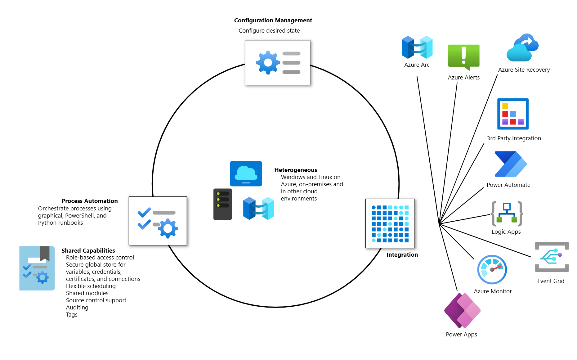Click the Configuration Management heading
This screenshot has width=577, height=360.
(273, 20)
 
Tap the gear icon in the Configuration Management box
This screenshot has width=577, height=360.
(267, 62)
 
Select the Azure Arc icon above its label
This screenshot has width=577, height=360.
(417, 47)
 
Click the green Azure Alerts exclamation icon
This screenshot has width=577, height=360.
(464, 56)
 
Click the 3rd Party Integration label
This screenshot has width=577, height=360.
(514, 138)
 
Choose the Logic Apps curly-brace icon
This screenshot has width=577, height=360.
(507, 214)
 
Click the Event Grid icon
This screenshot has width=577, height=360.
(552, 257)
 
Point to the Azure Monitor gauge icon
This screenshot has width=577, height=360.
(492, 269)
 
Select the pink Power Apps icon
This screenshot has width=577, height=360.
(462, 310)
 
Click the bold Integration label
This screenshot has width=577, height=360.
(402, 255)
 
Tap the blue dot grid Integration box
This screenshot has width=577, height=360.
(390, 223)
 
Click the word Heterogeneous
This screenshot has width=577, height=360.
(296, 170)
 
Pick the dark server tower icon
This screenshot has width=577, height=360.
(222, 204)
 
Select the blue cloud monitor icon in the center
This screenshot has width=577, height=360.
(246, 174)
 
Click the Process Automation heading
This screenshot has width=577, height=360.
(90, 201)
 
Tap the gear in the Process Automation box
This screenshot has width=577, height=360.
(168, 228)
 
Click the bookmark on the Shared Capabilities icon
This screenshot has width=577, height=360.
(45, 253)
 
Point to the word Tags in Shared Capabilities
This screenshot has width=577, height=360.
(72, 315)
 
